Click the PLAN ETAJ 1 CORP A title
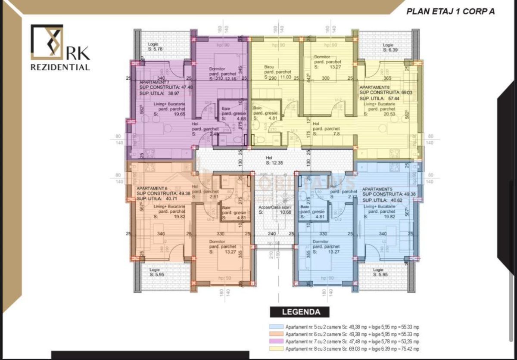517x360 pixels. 450,12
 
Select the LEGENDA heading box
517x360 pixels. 300,312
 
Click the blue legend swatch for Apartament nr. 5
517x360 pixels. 275,327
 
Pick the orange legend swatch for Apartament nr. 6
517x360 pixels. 275,334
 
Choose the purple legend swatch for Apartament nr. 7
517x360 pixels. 275,341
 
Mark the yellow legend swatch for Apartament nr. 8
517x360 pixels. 275,349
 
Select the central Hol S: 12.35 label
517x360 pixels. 274,160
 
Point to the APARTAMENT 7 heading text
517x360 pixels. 154,82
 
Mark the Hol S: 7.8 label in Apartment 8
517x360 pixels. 326,131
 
